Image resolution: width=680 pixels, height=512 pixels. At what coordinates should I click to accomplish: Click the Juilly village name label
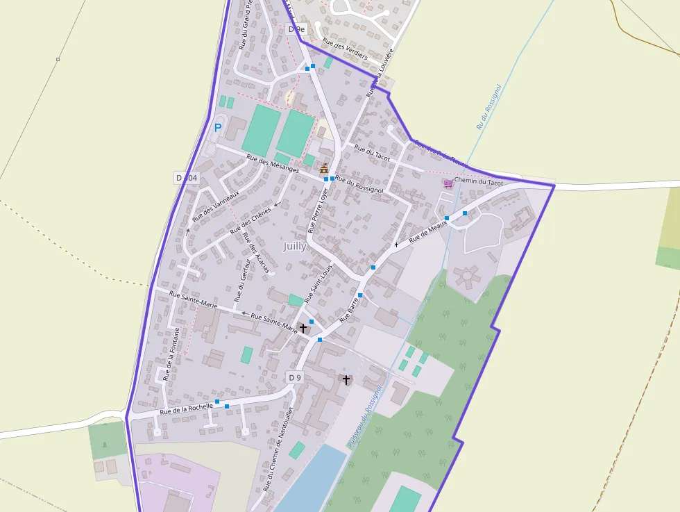(x=294, y=246)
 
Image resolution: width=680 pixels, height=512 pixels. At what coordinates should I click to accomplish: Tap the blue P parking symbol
(x=218, y=128)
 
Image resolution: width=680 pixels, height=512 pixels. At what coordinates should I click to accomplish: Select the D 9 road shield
(x=295, y=377)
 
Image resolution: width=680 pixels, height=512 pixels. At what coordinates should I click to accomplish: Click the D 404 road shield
(x=187, y=179)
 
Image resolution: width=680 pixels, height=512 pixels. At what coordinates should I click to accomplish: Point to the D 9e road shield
(x=296, y=29)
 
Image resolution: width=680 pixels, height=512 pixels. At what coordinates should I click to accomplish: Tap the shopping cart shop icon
(x=448, y=183)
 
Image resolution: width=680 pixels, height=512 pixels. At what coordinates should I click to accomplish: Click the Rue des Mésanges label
(x=273, y=164)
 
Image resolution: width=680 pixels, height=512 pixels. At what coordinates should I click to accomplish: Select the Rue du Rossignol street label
(x=359, y=184)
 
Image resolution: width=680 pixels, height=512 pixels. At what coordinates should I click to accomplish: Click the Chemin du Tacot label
(x=478, y=183)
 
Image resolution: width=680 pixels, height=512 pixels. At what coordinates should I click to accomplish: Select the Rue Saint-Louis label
(x=318, y=281)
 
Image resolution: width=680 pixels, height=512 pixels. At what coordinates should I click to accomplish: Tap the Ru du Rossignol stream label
(x=488, y=107)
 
